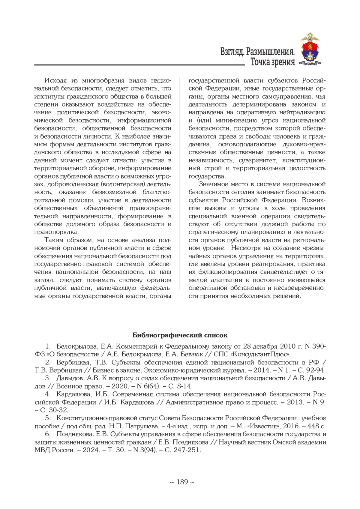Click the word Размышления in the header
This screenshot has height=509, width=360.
[270, 52]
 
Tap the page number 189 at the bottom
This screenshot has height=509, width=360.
[182, 482]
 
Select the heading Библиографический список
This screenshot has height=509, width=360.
[180, 335]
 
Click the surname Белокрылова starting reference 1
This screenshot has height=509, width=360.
[76, 346]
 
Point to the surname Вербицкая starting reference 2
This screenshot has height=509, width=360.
[73, 362]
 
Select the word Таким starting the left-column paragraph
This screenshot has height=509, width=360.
[54, 240]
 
